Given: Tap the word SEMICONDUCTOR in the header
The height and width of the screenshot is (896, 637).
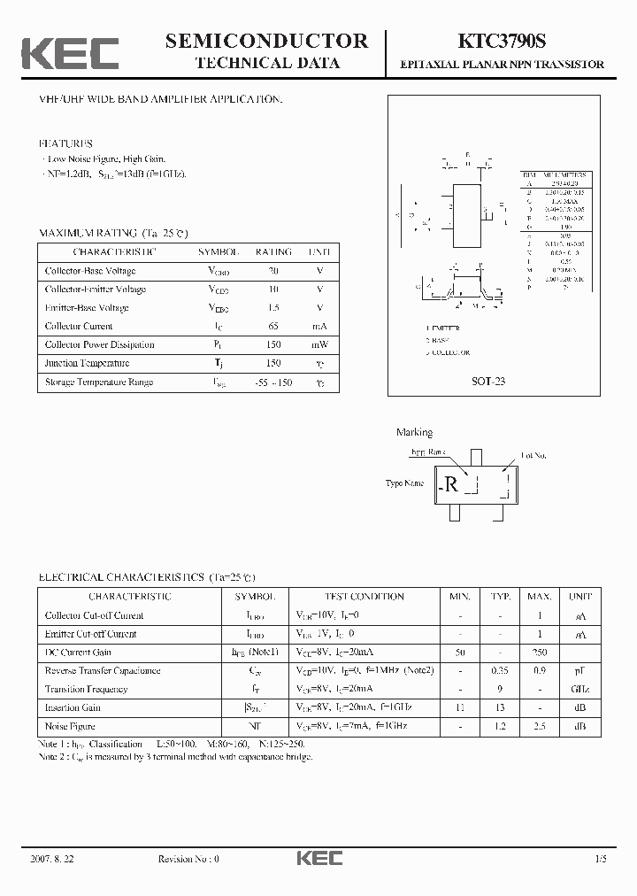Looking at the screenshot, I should pos(266,41).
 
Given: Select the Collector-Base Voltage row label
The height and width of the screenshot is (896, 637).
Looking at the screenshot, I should pos(90,271).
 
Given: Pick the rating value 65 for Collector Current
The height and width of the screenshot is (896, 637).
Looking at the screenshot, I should pos(273,326).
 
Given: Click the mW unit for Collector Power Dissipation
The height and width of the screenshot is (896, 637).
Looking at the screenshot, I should pos(319,344).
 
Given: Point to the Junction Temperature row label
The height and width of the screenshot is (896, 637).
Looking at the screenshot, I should pos(87,363).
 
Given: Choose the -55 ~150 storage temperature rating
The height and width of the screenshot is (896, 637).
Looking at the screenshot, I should pos(272,382).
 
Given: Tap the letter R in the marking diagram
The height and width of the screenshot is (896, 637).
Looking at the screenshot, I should pos(451,484).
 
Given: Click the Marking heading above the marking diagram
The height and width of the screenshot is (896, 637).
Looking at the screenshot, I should pos(414,433).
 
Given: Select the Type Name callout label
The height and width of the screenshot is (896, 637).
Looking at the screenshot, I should pos(404,483).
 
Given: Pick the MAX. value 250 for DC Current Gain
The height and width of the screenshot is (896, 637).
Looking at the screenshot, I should pos(540,652).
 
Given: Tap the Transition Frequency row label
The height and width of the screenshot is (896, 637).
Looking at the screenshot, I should pos(87,689).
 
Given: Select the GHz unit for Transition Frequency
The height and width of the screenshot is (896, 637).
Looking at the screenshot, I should pos(580,689).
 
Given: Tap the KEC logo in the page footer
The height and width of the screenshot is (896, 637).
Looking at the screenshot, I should pos(319,858).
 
